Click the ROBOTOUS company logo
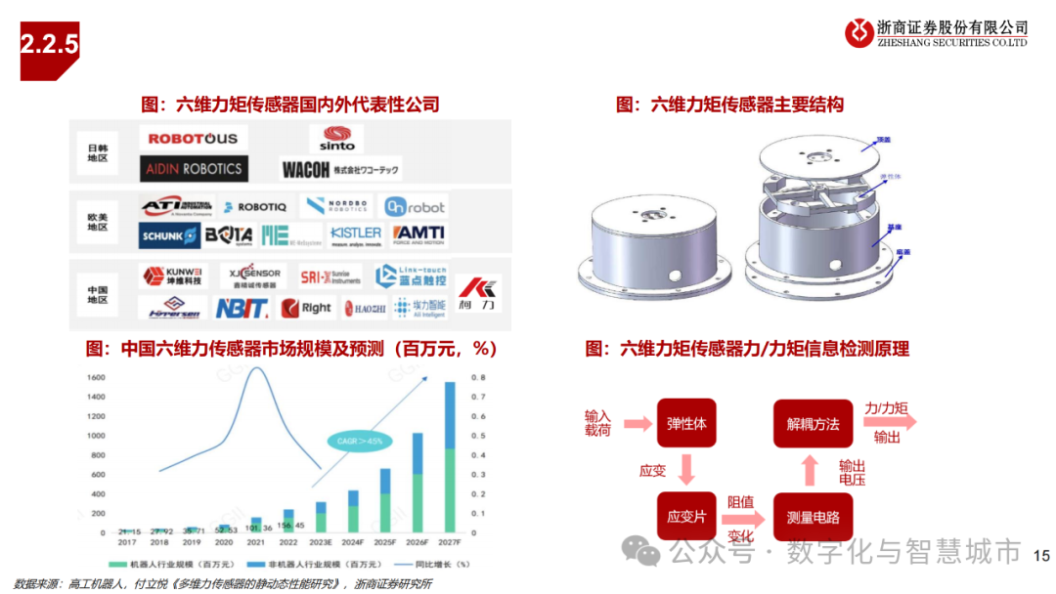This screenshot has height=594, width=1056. pos(194,139)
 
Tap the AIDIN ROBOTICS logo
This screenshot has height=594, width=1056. pos(194,168)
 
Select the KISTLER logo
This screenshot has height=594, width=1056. pos(355,234)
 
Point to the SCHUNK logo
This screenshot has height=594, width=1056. pos(170,235)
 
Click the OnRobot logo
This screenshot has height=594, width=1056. pos(414,207)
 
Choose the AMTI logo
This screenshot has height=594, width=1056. pos(419,234)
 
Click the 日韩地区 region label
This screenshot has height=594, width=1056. pos(98,150)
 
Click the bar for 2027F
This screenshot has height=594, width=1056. pos(450,457)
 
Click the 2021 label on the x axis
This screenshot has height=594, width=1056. pos(256,541)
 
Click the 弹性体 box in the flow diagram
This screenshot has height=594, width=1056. pos(685,424)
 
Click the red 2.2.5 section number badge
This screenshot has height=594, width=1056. pos(49,44)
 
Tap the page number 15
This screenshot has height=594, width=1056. pos(1040,555)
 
